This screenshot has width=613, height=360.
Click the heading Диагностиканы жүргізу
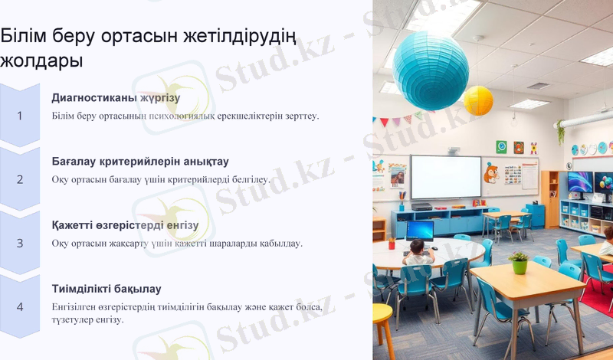[x=116, y=98]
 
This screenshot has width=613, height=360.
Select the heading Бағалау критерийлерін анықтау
[x=140, y=162]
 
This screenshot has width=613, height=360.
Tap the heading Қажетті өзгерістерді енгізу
[x=125, y=225]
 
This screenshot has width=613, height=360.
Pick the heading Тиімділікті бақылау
[x=107, y=289]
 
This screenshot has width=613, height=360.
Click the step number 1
[x=20, y=116]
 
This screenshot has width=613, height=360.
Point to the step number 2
[x=20, y=179]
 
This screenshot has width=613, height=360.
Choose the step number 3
[x=20, y=243]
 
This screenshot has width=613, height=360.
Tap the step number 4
[x=20, y=306]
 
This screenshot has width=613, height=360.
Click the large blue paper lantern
[x=431, y=70]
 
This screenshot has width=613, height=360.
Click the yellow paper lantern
[x=478, y=100]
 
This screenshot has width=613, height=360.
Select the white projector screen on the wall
[x=445, y=177]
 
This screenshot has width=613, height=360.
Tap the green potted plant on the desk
[x=519, y=262]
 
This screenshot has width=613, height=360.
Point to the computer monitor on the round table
[x=420, y=230]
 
